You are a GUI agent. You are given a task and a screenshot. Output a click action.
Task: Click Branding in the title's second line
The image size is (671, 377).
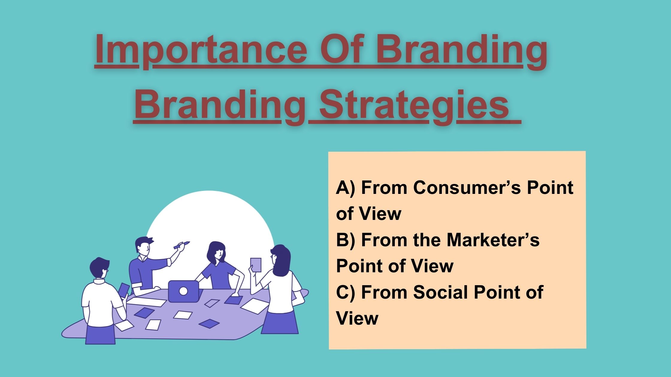click(x=220, y=106)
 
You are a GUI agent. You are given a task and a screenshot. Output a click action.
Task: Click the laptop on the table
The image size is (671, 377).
click(x=183, y=291)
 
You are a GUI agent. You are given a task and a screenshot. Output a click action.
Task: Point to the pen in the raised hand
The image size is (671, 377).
click(x=182, y=245)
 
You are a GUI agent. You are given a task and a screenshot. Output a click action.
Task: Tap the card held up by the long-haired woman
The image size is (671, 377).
click(x=256, y=265)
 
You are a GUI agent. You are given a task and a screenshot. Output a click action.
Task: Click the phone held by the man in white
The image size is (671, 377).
click(x=123, y=290)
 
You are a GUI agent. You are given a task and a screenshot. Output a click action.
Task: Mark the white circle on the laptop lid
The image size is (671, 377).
click(x=183, y=291)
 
